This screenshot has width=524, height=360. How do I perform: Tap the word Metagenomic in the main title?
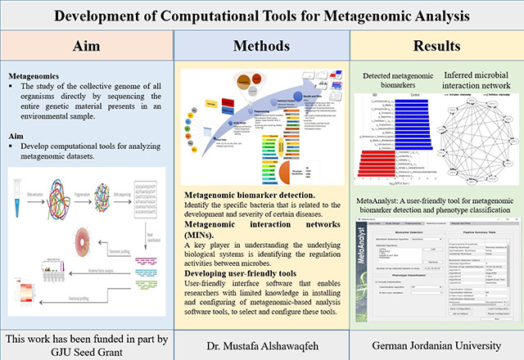click(x=357, y=16)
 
